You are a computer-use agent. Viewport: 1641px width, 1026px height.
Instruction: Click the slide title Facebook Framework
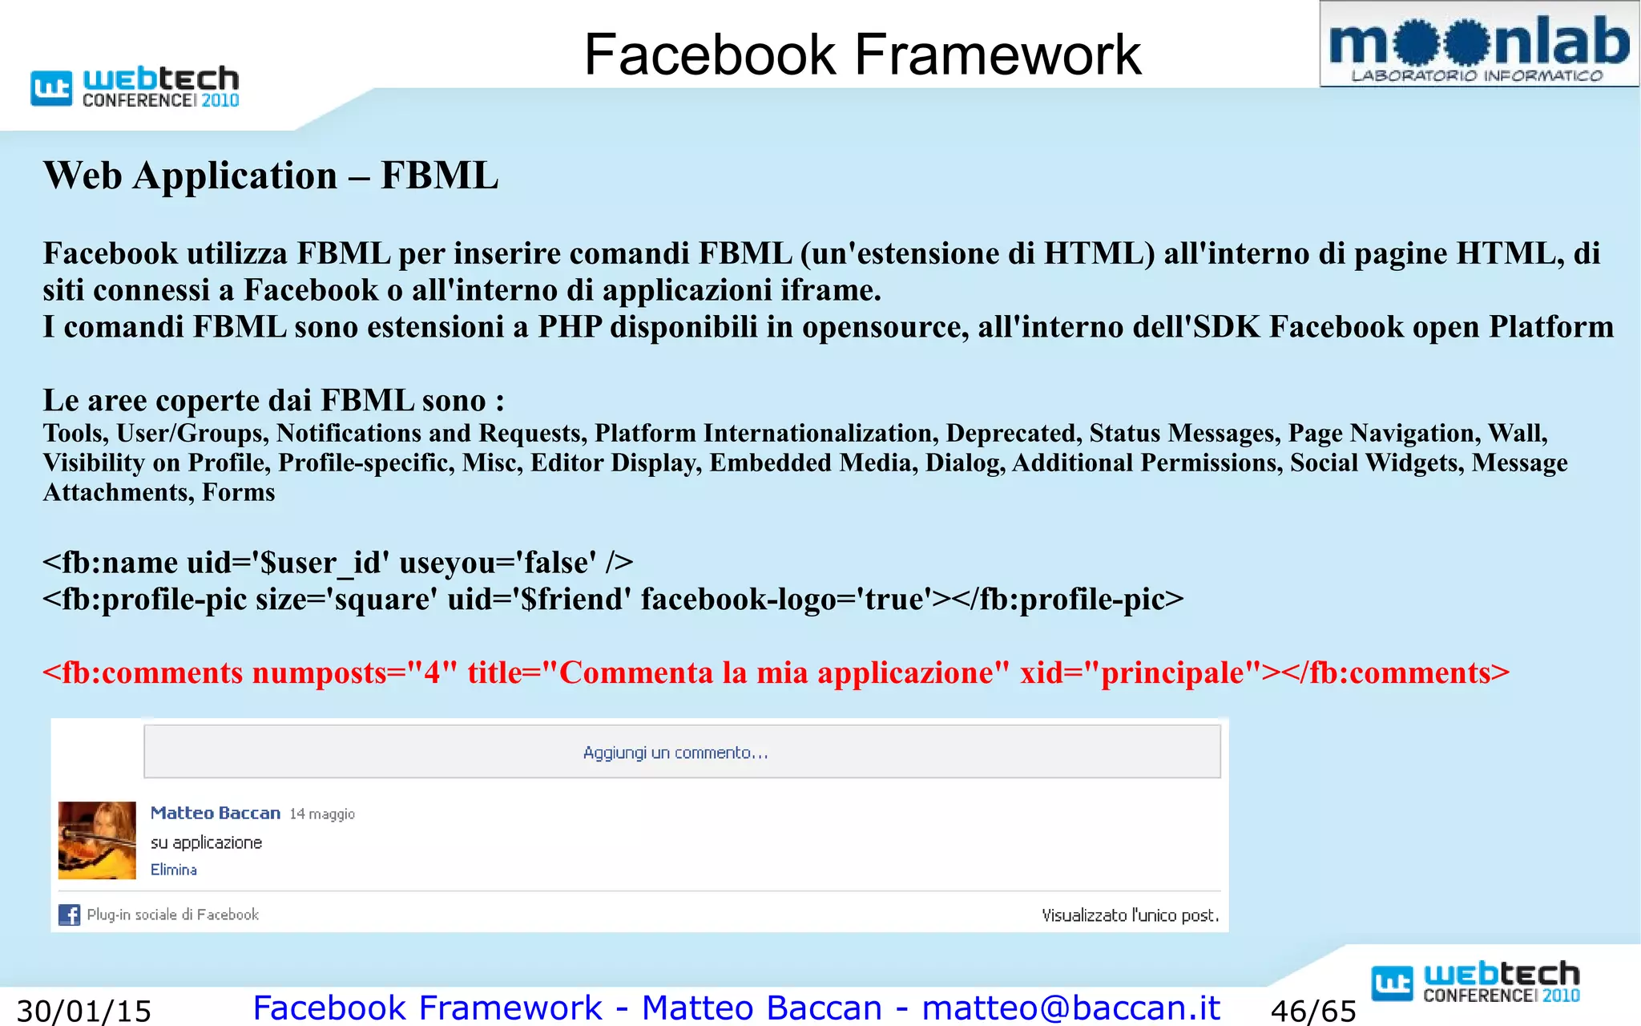point(862,55)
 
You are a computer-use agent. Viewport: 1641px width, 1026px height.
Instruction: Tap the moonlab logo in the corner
point(1478,45)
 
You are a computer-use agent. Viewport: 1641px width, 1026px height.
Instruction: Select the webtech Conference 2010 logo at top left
point(135,87)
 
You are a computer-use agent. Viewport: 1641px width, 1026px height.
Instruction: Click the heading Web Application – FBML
point(271,176)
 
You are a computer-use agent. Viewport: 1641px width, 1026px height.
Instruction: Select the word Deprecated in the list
point(1010,433)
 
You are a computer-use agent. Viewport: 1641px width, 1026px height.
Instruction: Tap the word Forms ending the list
point(238,492)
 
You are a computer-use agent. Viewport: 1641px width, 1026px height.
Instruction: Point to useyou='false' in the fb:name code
point(498,563)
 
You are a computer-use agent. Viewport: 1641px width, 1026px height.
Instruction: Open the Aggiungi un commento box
point(682,752)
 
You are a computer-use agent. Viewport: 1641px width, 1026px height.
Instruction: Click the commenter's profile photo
point(97,840)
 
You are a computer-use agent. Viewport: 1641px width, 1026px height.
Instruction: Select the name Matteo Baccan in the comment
point(215,813)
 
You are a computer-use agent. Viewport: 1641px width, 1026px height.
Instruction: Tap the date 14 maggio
point(322,814)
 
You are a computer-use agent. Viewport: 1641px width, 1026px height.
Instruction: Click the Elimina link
point(174,870)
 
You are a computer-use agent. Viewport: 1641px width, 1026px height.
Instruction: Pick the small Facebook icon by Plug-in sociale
point(70,915)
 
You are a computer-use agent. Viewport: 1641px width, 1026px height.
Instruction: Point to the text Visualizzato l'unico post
point(1130,915)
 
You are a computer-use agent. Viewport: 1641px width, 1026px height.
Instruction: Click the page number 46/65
point(1313,1011)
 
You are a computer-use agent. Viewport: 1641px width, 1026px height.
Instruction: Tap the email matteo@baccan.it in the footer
point(1070,1008)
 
